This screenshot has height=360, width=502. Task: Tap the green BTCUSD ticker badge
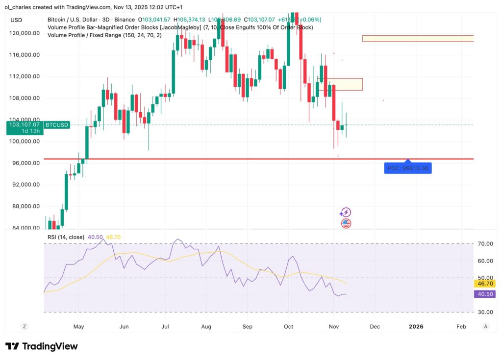tap(57, 125)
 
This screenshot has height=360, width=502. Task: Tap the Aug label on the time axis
tap(206, 326)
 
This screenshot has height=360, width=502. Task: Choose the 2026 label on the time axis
tap(416, 326)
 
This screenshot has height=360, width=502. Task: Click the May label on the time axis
tap(78, 326)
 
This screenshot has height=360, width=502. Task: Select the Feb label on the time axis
tap(461, 326)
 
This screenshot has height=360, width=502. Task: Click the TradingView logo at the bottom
tap(42, 346)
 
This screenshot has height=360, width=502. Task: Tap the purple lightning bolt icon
tap(346, 212)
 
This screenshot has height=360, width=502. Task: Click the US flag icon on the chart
tap(346, 223)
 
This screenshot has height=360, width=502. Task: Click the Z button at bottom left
tap(24, 326)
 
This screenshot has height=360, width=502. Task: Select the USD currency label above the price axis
tap(17, 20)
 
